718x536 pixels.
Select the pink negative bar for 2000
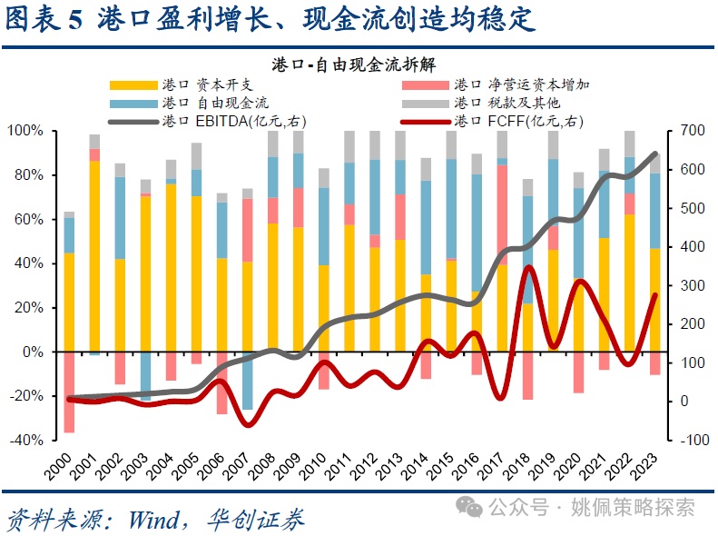[x=69, y=392]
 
